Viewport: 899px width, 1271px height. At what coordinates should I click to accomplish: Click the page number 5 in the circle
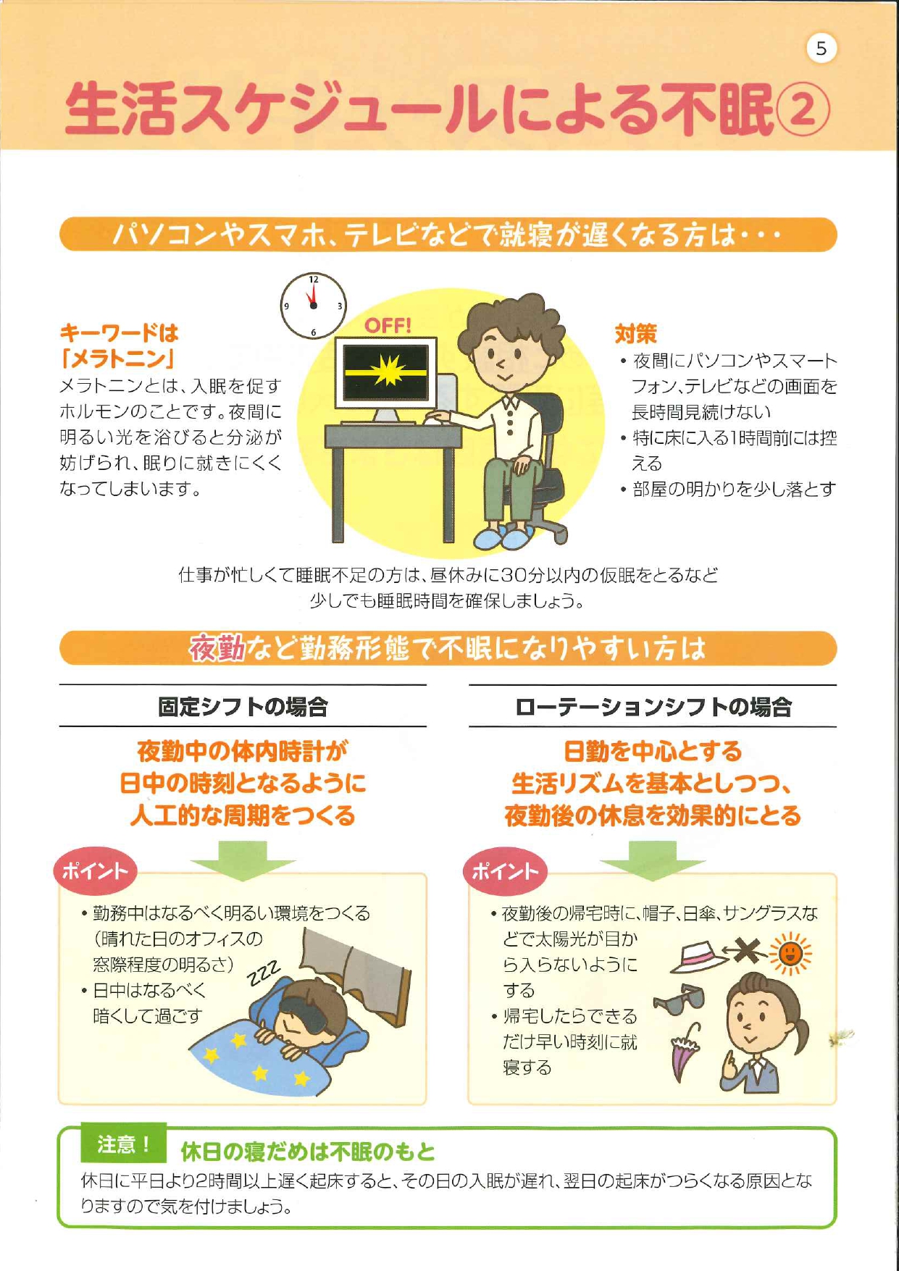821,49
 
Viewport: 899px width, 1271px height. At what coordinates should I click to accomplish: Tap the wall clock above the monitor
313,306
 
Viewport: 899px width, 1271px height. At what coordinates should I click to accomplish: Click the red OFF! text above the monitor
388,326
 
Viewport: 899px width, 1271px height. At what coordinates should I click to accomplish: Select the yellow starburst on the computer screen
386,372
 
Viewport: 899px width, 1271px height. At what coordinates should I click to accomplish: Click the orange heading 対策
635,334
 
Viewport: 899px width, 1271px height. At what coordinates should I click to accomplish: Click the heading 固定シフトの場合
243,706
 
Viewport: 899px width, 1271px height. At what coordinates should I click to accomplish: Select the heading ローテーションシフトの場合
653,707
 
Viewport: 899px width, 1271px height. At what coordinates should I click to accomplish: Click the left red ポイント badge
95,871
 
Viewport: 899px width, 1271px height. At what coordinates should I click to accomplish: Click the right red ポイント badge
505,871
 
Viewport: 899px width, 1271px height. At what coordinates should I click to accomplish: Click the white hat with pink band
699,957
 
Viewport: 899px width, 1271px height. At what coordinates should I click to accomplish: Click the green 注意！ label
124,1144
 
